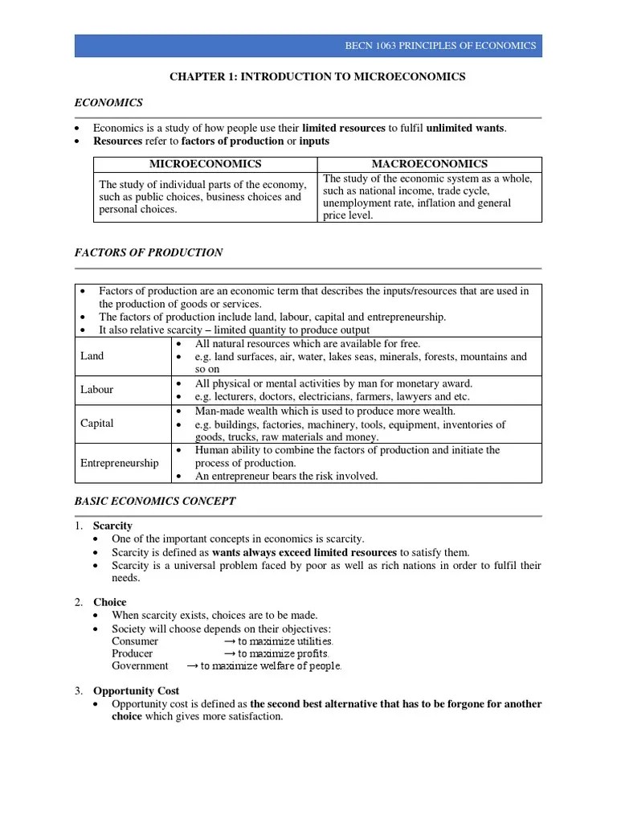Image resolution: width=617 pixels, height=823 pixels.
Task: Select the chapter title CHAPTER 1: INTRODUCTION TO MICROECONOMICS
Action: pyautogui.click(x=317, y=76)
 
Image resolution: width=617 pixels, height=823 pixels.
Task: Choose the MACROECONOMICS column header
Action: pyautogui.click(x=430, y=164)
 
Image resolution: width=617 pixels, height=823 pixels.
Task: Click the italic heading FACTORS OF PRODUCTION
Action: pyautogui.click(x=149, y=252)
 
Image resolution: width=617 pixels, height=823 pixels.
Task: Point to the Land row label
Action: pyautogui.click(x=92, y=356)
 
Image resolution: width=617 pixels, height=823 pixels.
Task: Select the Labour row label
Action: pyautogui.click(x=96, y=390)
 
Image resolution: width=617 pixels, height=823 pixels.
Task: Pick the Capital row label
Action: pyautogui.click(x=96, y=424)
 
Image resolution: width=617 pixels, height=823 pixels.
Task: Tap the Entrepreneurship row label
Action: pyautogui.click(x=119, y=463)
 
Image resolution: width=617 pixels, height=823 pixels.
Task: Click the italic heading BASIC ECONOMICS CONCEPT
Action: pyautogui.click(x=155, y=501)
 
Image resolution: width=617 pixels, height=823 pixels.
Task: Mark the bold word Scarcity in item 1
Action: pyautogui.click(x=112, y=526)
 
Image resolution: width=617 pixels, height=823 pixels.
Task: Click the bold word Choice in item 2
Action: pyautogui.click(x=110, y=602)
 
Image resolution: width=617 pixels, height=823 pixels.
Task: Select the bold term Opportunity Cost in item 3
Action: pyautogui.click(x=136, y=690)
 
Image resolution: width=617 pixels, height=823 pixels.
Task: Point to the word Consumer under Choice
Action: pyautogui.click(x=135, y=641)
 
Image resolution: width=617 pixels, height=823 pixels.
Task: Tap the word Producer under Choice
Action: pyautogui.click(x=133, y=653)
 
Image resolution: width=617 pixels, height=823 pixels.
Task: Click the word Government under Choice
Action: pyautogui.click(x=140, y=665)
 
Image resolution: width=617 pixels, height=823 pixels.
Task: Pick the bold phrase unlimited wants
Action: pyautogui.click(x=466, y=128)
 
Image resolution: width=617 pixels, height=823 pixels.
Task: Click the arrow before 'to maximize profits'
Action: pyautogui.click(x=229, y=653)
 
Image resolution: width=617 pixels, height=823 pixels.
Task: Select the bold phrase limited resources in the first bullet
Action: pyautogui.click(x=343, y=128)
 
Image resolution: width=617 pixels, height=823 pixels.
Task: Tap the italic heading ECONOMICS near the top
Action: pyautogui.click(x=108, y=102)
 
